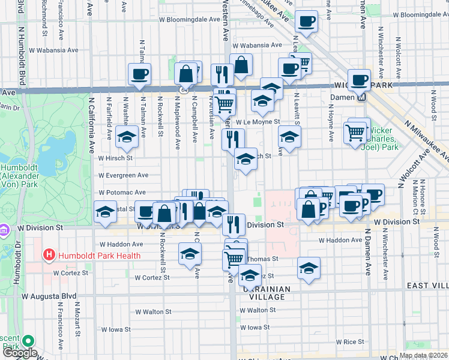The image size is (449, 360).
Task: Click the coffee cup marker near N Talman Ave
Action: pyautogui.click(x=139, y=75)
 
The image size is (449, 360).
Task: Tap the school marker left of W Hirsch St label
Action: pyautogui.click(x=127, y=138)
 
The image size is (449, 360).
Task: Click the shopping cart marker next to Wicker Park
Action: pyautogui.click(x=355, y=131)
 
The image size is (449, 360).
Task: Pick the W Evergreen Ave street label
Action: pyautogui.click(x=124, y=175)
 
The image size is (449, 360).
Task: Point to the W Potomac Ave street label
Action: pyautogui.click(x=122, y=193)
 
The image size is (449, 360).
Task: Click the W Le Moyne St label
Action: pyautogui.click(x=258, y=122)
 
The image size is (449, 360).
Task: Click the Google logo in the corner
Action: pyautogui.click(x=19, y=353)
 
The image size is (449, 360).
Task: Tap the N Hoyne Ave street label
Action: pyautogui.click(x=331, y=122)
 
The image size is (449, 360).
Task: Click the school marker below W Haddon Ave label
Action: pyautogui.click(x=190, y=254)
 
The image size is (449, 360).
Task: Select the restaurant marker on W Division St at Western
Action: pyautogui.click(x=234, y=224)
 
